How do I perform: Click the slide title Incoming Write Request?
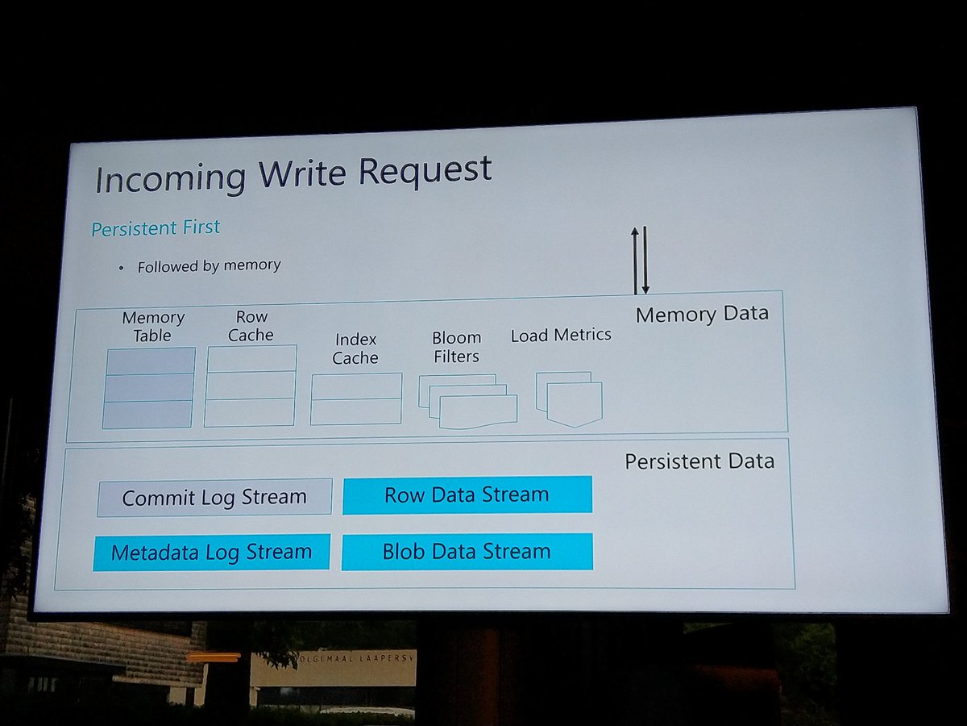click(x=293, y=174)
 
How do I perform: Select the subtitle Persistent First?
click(x=156, y=228)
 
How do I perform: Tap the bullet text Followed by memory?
click(x=209, y=265)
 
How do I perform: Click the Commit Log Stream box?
click(x=214, y=497)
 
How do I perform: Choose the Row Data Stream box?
click(x=467, y=494)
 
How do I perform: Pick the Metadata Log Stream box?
click(x=211, y=553)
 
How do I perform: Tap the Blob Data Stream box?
click(x=467, y=552)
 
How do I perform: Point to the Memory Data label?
click(x=701, y=314)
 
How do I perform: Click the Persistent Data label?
click(x=699, y=461)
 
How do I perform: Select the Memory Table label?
click(x=153, y=327)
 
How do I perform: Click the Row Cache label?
click(x=251, y=326)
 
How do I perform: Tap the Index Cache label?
click(x=355, y=348)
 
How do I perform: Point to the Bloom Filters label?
click(x=456, y=347)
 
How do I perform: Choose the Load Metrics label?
click(x=561, y=335)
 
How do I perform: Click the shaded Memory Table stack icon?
click(x=148, y=387)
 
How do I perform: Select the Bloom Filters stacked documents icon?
click(x=468, y=401)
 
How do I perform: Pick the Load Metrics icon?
click(x=569, y=398)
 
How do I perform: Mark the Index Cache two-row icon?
click(x=356, y=398)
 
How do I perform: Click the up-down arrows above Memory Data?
click(x=640, y=261)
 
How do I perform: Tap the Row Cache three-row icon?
click(x=251, y=386)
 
